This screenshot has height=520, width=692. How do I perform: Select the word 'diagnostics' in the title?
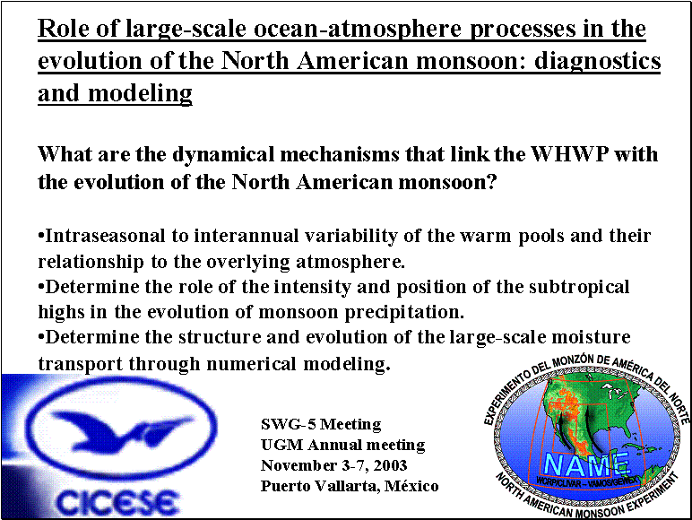click(598, 61)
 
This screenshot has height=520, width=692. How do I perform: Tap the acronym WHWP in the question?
click(569, 154)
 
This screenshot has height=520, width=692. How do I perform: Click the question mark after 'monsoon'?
click(491, 182)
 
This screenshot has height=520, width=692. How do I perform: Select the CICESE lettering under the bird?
click(117, 502)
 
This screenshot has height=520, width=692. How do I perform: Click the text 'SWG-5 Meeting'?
click(321, 424)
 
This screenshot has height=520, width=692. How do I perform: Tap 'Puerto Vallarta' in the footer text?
click(318, 486)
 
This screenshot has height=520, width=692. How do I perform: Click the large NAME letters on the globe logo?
click(586, 465)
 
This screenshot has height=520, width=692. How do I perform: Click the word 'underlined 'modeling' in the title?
click(140, 93)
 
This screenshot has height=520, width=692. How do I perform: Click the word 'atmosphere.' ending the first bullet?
click(350, 262)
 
